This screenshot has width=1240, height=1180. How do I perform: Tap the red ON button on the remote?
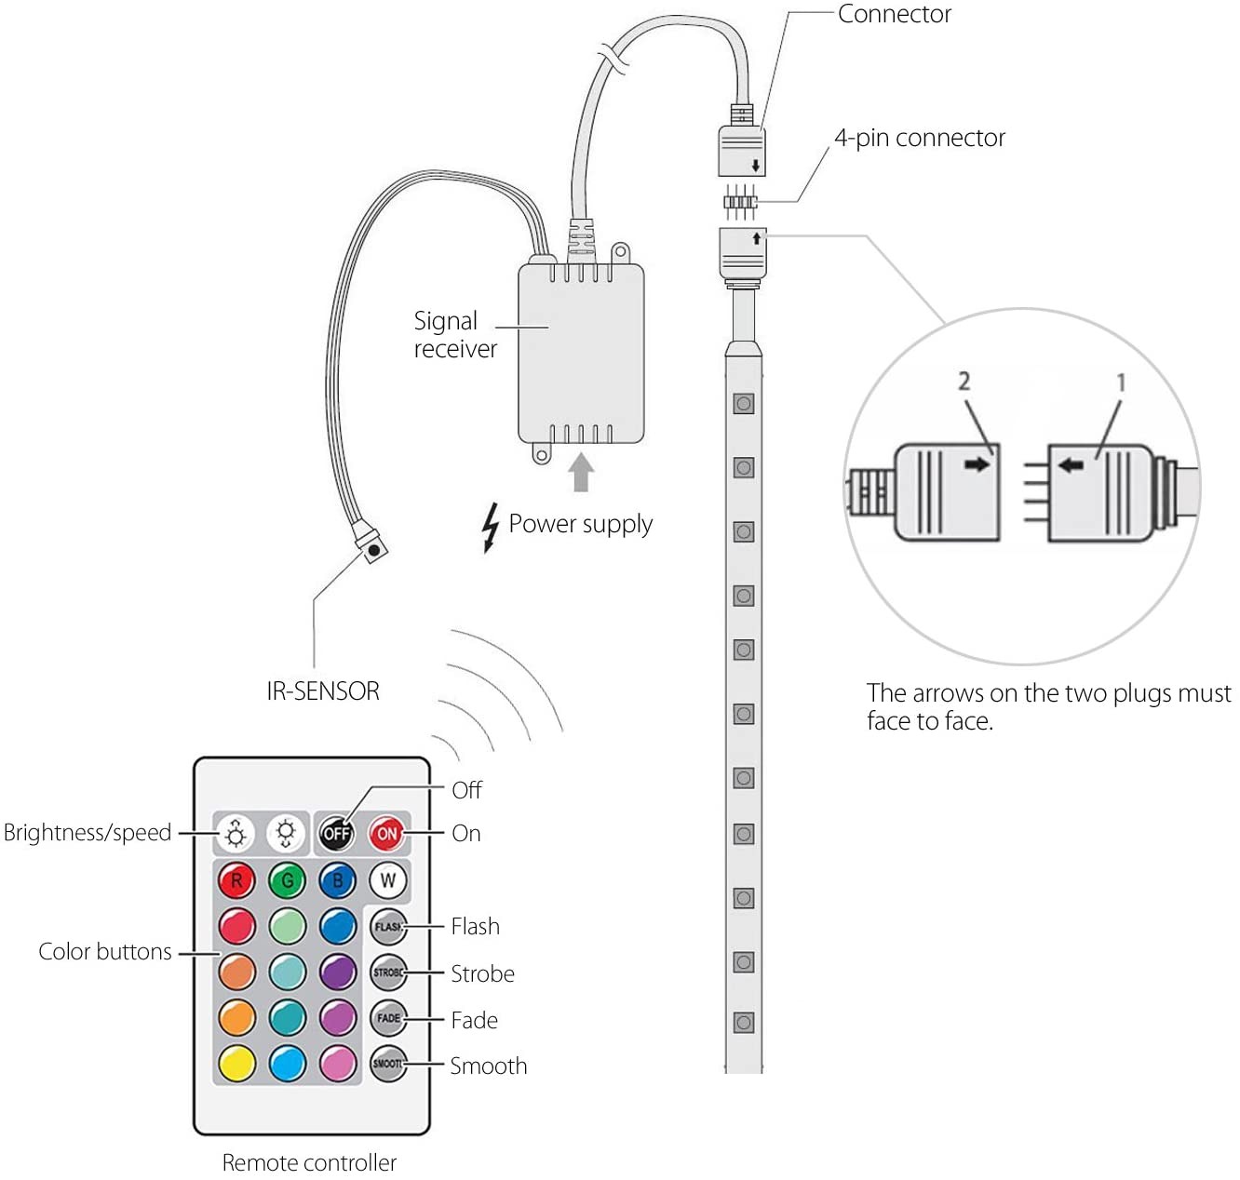click(x=387, y=833)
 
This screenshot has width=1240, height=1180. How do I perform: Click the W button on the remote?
click(x=388, y=880)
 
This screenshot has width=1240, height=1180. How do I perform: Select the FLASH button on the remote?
click(x=388, y=927)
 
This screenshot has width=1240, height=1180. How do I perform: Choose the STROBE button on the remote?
click(x=388, y=973)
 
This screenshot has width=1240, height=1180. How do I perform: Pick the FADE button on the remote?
click(x=388, y=1018)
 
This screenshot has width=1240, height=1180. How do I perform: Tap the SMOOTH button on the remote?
click(x=388, y=1064)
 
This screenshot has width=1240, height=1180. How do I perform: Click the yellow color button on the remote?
click(x=237, y=1064)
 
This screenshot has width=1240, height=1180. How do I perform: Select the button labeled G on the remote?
click(x=288, y=880)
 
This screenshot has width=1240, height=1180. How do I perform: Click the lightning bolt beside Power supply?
click(x=490, y=528)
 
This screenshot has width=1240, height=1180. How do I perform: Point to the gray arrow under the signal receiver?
click(x=581, y=471)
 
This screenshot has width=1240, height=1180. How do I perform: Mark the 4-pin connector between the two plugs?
click(x=740, y=201)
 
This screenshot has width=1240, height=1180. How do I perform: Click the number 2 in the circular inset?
click(x=964, y=381)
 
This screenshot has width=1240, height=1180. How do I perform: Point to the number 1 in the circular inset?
click(x=1121, y=382)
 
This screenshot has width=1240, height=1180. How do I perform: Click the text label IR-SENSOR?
click(x=323, y=691)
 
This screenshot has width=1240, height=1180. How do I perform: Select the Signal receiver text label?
click(x=455, y=334)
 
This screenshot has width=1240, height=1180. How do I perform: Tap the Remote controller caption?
click(x=309, y=1162)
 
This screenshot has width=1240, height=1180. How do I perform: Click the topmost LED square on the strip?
click(x=743, y=404)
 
